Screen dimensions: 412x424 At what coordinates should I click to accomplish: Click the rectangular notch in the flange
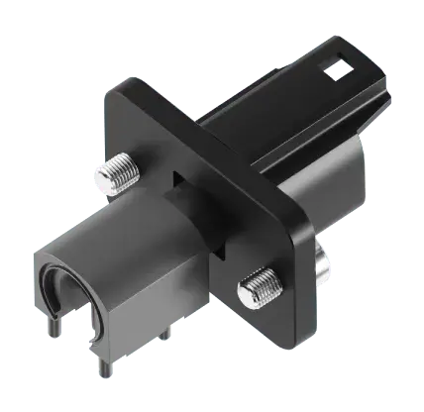179,180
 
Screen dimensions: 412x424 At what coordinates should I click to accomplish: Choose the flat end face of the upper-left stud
105,179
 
